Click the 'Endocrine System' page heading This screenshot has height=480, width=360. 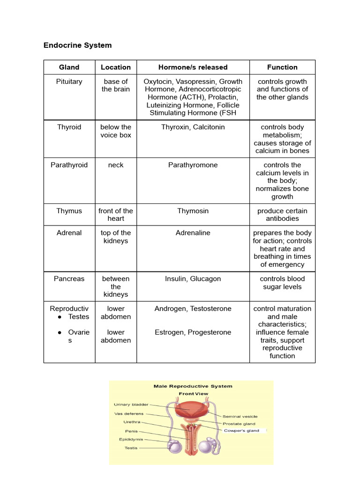click(x=78, y=45)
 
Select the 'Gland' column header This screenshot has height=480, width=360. click(x=69, y=67)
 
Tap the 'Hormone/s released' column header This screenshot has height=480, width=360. click(x=193, y=67)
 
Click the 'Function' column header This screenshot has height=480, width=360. click(x=282, y=67)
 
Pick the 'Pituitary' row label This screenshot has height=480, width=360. click(x=69, y=82)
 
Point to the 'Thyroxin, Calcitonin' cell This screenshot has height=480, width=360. click(x=193, y=127)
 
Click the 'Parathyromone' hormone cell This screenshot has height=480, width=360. click(x=193, y=165)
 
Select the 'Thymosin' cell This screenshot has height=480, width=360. click(x=193, y=211)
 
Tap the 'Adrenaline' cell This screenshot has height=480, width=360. click(x=193, y=233)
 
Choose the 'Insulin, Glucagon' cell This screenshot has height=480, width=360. click(x=193, y=279)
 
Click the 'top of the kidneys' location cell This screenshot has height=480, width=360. click(x=116, y=237)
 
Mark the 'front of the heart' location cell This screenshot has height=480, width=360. click(x=116, y=215)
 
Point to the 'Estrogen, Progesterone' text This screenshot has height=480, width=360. click(x=193, y=332)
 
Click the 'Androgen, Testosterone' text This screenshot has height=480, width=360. click(x=193, y=309)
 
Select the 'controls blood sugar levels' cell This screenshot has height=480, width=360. click(x=282, y=283)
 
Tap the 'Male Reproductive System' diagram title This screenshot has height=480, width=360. click(x=193, y=386)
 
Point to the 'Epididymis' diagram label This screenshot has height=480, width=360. click(x=131, y=440)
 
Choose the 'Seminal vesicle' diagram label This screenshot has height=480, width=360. click(x=240, y=416)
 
